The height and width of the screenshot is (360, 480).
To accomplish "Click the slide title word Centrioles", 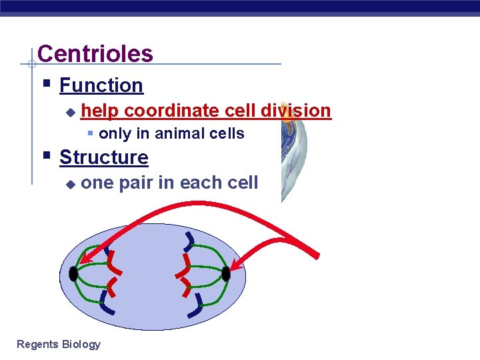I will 95,53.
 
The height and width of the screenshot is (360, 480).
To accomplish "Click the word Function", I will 101,85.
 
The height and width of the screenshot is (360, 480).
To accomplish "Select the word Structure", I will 103,157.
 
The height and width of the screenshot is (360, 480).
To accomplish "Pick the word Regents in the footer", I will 37,344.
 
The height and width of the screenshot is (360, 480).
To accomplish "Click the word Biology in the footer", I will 81,344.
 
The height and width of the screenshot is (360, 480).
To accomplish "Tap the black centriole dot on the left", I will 73,273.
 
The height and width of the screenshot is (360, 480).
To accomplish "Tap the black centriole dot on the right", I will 226,273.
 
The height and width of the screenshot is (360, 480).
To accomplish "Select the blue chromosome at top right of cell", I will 191,240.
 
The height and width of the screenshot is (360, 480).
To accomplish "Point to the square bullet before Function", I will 46,85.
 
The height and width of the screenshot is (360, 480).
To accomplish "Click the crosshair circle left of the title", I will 31,65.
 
